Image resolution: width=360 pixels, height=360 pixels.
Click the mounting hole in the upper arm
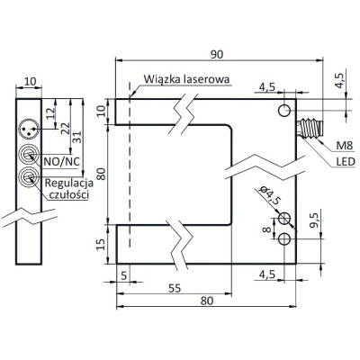click(285, 110)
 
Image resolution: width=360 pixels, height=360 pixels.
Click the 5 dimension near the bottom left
click(123, 275)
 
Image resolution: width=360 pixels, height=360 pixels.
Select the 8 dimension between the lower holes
click(267, 229)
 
